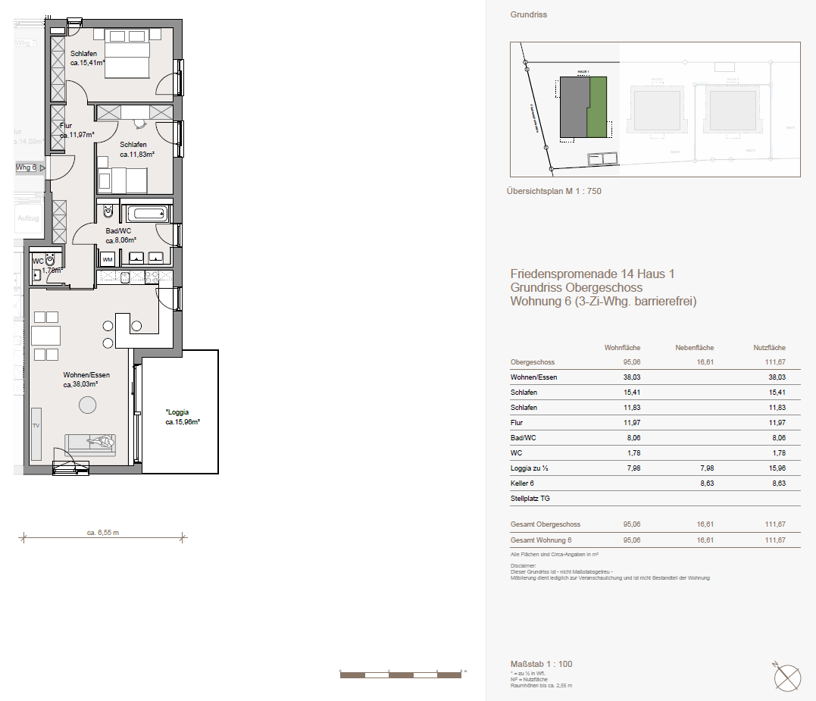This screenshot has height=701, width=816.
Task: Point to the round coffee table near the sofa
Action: click(x=88, y=405)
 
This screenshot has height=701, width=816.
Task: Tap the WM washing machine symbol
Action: click(x=108, y=259)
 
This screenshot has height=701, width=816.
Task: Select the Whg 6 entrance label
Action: click(x=26, y=167)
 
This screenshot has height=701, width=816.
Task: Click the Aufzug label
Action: click(x=28, y=218)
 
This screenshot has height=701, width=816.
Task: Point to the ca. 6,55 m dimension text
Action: click(x=103, y=533)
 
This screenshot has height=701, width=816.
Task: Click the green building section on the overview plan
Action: click(x=598, y=108)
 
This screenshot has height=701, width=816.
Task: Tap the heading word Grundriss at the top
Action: click(x=529, y=14)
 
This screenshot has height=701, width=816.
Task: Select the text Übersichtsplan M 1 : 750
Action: click(x=554, y=191)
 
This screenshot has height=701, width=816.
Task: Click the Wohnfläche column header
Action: click(x=622, y=348)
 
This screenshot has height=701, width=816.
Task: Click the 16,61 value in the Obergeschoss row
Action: click(x=705, y=362)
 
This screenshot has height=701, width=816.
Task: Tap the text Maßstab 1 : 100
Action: click(x=542, y=664)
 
